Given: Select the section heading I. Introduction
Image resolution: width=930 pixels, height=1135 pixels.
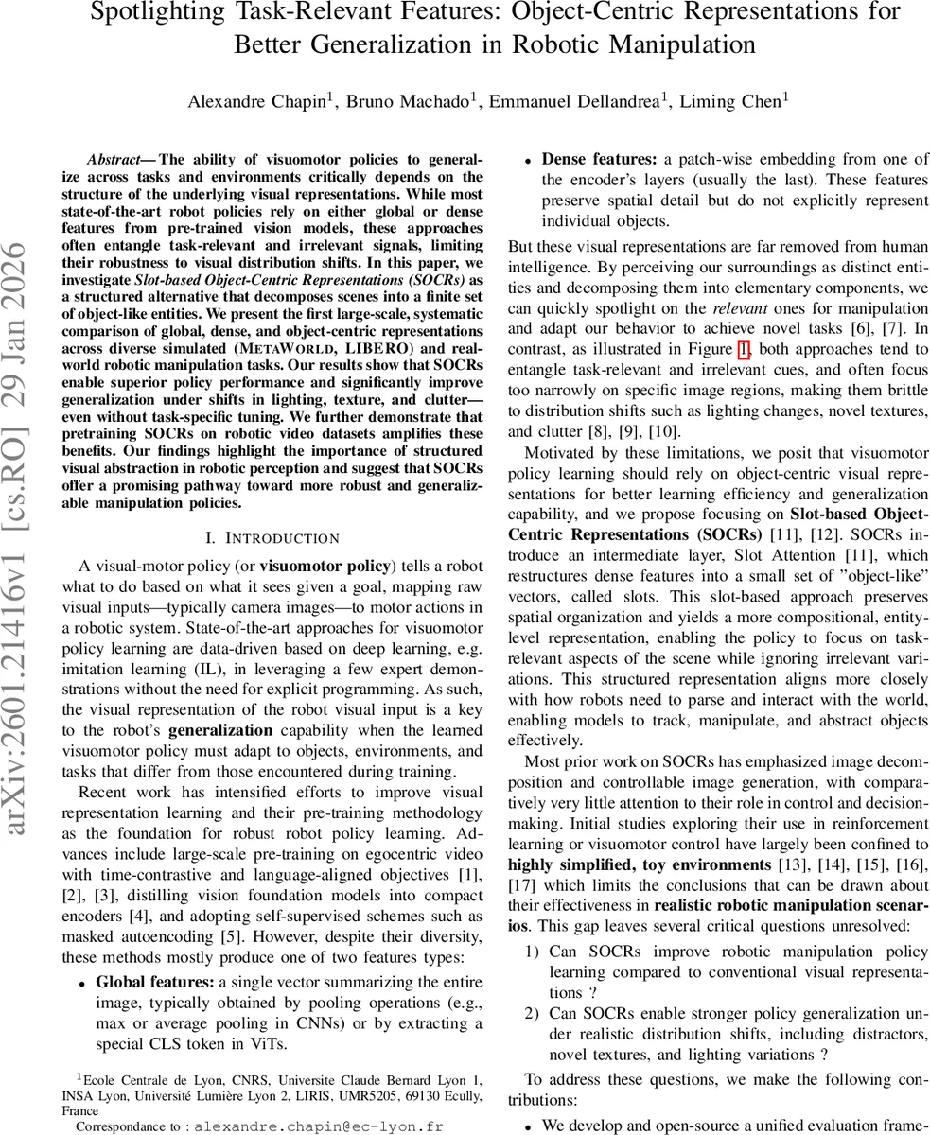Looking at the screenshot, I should (272, 538).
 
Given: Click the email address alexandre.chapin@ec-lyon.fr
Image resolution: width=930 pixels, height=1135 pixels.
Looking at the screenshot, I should (318, 1126).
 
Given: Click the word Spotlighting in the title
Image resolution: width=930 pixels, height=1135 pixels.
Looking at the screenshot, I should (168, 13).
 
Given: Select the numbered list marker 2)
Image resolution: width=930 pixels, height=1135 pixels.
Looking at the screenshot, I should (532, 1014).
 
